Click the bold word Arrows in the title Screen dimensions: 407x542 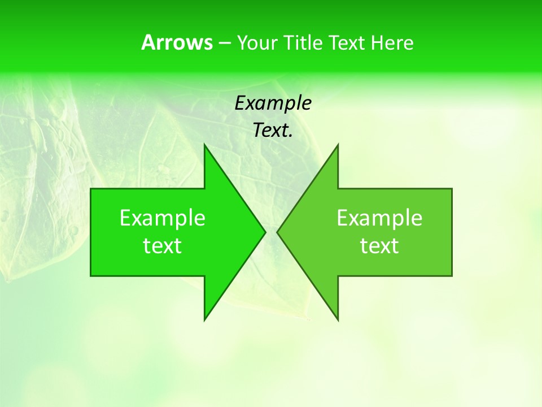point(176,42)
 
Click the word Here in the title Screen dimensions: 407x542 point(392,42)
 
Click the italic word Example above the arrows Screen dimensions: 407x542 point(273,103)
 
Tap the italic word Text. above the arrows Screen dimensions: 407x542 point(273,131)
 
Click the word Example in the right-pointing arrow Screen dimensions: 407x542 point(163,218)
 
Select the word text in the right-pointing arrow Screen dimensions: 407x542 point(163,246)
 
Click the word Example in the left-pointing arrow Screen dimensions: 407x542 point(379,218)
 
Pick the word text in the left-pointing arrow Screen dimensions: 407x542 point(379,246)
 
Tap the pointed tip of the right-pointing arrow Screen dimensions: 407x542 point(265,232)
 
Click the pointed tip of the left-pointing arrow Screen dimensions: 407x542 point(277,232)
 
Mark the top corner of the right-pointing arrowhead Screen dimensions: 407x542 point(204,145)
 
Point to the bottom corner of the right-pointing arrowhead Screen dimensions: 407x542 point(204,320)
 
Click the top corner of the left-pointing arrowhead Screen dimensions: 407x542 point(338,145)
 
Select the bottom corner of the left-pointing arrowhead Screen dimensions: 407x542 point(338,320)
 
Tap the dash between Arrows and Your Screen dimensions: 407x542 point(224,43)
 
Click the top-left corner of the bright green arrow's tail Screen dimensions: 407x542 point(91,189)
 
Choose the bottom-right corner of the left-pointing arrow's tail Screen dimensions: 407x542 point(452,276)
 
